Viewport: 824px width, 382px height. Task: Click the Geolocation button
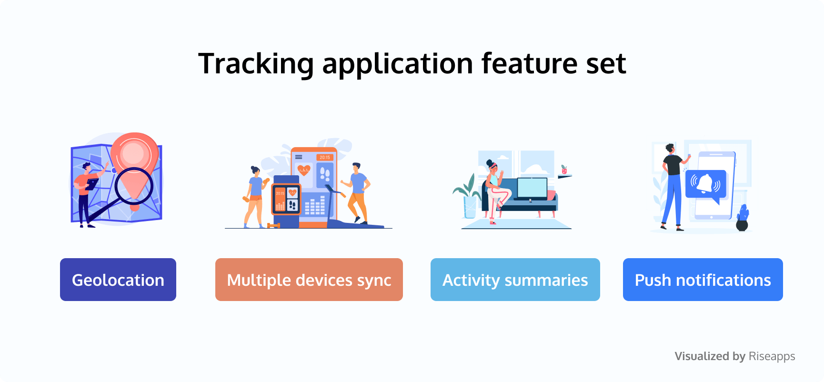(118, 280)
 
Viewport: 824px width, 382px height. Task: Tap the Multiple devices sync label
(309, 280)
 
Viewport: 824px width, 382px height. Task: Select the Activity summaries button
(515, 280)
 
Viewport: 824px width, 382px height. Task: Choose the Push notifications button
(703, 280)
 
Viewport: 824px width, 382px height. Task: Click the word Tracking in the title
(256, 64)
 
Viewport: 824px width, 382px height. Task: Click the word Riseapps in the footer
(772, 356)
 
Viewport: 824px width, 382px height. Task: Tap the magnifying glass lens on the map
(134, 186)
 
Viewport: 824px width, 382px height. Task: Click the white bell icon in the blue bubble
(705, 183)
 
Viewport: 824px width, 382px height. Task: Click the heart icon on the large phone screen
(303, 170)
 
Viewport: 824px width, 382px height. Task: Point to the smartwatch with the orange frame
(286, 199)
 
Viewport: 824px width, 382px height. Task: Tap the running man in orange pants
(356, 193)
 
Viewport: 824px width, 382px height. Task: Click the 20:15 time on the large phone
(325, 157)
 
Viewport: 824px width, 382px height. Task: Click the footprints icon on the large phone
(325, 173)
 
